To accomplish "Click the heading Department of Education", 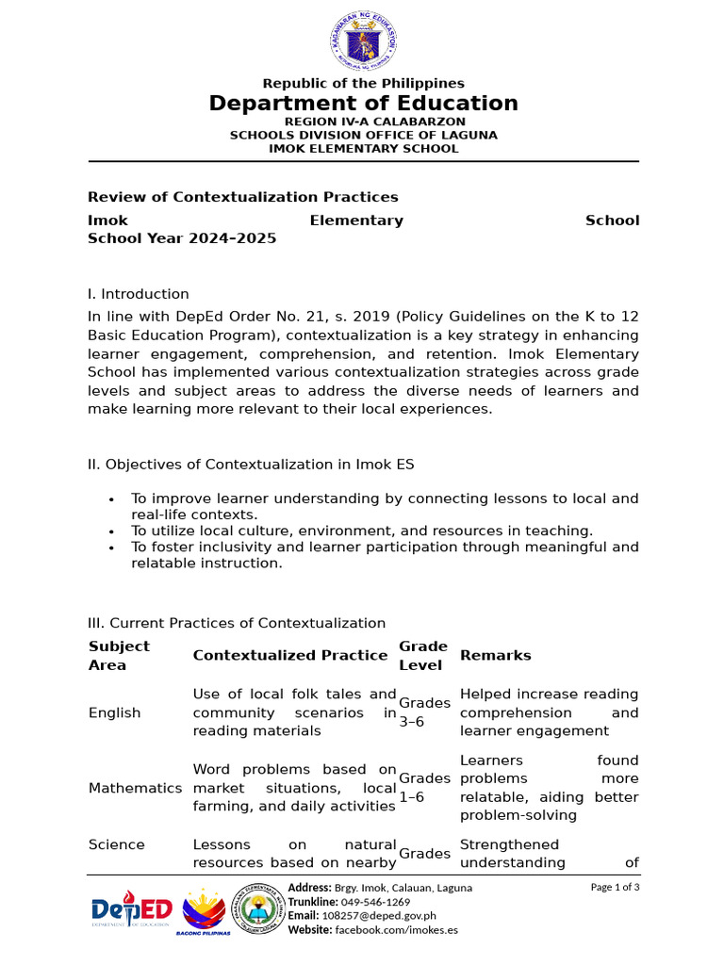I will (363, 104).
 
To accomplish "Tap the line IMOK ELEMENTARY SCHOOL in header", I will (363, 149).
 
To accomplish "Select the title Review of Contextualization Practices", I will (242, 197).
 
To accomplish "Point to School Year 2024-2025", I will (182, 238).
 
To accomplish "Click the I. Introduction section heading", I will (138, 294).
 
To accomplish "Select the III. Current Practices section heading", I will (236, 623).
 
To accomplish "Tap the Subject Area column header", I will (119, 655).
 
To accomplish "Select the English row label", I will (114, 712).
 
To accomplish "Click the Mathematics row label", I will (135, 788).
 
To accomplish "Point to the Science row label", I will (116, 844).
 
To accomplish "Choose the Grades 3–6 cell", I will (424, 712).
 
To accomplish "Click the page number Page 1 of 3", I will (615, 887).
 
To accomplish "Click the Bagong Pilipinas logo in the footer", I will (204, 911).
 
